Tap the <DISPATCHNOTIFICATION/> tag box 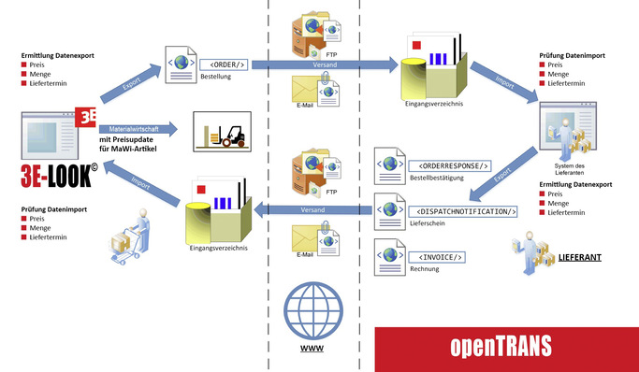coord(462,211)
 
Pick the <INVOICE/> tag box coord(435,257)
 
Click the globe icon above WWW coord(312,311)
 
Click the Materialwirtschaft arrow coord(146,130)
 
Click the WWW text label coord(312,349)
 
